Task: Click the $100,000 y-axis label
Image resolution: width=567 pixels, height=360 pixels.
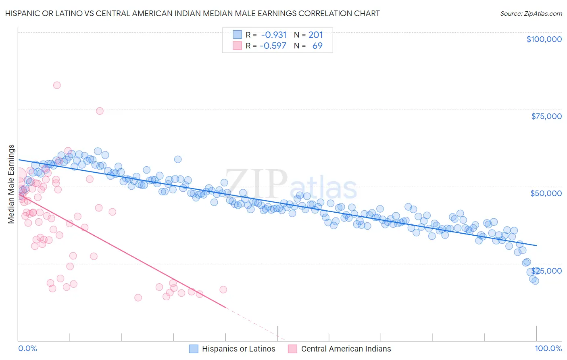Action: click(x=544, y=39)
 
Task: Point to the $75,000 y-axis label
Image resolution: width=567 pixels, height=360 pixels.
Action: click(x=546, y=116)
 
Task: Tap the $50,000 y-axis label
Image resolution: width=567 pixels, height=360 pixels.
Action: click(x=546, y=193)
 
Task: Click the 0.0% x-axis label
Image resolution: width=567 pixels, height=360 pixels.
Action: click(x=27, y=348)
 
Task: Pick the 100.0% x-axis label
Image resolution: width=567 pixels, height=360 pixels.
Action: click(x=548, y=348)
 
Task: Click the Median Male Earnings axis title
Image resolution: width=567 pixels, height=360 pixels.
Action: click(x=11, y=184)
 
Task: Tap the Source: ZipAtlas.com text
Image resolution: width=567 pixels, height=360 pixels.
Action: click(x=531, y=14)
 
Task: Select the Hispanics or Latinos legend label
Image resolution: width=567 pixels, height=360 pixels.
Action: click(x=238, y=349)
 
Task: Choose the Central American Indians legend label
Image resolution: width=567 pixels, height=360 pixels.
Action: click(x=346, y=349)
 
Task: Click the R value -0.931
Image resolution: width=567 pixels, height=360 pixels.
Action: click(x=274, y=35)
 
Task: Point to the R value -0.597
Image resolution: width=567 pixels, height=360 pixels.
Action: click(x=273, y=46)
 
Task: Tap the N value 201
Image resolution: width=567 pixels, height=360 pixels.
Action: click(x=315, y=35)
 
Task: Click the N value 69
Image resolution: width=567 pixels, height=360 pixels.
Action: click(x=317, y=46)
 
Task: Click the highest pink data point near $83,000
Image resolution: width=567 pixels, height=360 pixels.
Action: click(x=57, y=85)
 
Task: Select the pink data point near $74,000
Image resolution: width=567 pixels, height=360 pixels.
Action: click(x=100, y=111)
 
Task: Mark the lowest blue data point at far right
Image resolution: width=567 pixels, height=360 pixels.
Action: click(x=535, y=281)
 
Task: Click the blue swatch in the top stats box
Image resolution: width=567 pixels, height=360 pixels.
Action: click(x=237, y=35)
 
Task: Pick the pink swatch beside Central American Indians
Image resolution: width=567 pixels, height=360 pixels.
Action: click(x=292, y=349)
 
